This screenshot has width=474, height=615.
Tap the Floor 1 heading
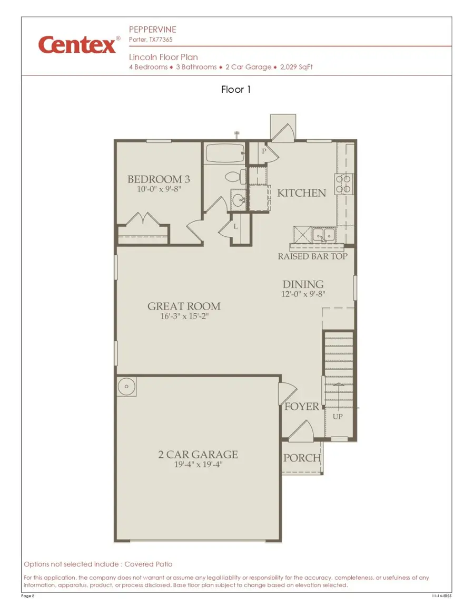click(236, 90)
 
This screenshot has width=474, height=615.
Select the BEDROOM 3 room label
click(159, 179)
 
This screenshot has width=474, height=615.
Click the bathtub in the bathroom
click(224, 153)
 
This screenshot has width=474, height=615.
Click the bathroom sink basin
click(238, 199)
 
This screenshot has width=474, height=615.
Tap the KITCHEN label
click(301, 193)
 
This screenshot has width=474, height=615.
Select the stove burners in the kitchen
click(345, 182)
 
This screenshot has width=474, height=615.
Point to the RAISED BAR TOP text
click(313, 256)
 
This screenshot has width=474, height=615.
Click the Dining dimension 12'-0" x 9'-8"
click(303, 295)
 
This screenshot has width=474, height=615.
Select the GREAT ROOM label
click(184, 306)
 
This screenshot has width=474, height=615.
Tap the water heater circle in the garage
click(127, 386)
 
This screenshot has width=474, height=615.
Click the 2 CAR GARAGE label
click(198, 454)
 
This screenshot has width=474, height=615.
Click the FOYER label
click(302, 407)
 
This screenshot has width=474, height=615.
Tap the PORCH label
click(302, 458)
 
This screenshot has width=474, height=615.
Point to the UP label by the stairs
click(338, 417)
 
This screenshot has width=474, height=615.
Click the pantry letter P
click(264, 151)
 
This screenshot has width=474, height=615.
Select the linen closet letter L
click(235, 226)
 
